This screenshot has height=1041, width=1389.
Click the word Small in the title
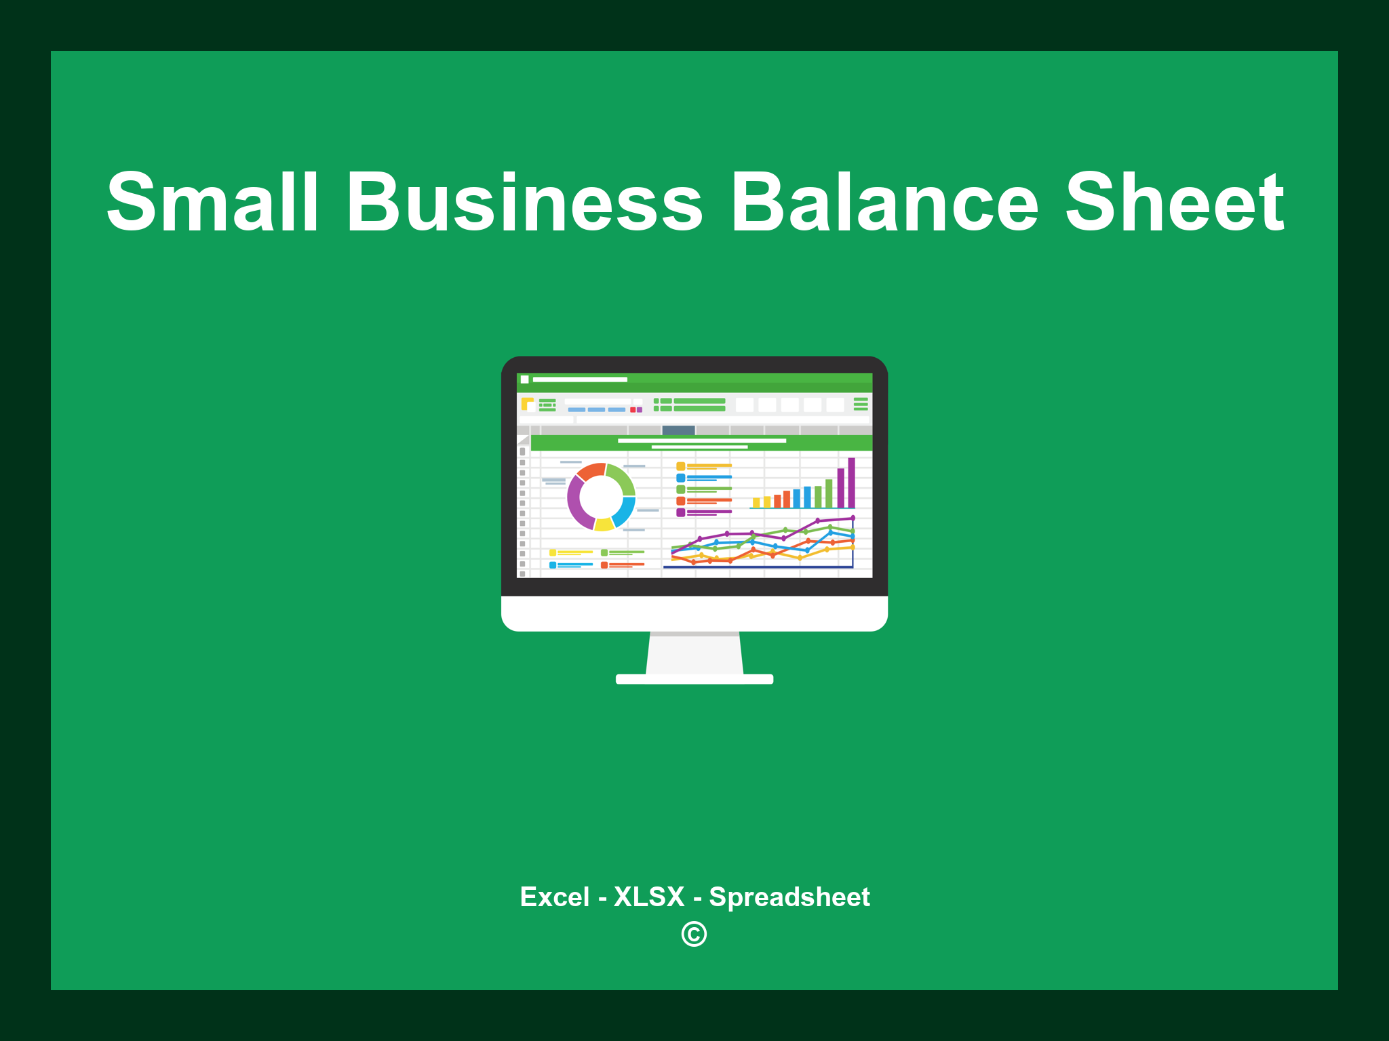tap(212, 202)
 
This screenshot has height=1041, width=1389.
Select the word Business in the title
tap(525, 202)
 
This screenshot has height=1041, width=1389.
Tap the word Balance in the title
tap(884, 202)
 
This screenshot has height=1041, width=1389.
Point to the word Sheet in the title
tap(1175, 202)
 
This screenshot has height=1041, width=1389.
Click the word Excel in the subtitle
tap(555, 897)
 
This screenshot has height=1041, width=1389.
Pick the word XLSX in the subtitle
tap(649, 897)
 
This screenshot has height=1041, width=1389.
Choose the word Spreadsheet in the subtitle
tap(789, 897)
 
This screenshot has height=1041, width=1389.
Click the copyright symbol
tap(694, 934)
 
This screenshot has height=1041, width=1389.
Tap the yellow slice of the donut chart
tap(604, 524)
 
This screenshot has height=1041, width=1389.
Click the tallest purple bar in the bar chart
tap(851, 483)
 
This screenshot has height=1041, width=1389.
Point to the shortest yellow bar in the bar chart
tap(756, 503)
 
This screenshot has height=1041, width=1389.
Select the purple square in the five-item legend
tap(680, 512)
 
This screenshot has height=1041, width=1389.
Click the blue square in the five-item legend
tap(680, 478)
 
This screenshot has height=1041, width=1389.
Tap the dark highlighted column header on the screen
tap(678, 430)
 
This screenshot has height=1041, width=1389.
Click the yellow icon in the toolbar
tap(527, 404)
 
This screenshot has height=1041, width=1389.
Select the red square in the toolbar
tap(633, 410)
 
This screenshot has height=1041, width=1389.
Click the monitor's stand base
tap(694, 679)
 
